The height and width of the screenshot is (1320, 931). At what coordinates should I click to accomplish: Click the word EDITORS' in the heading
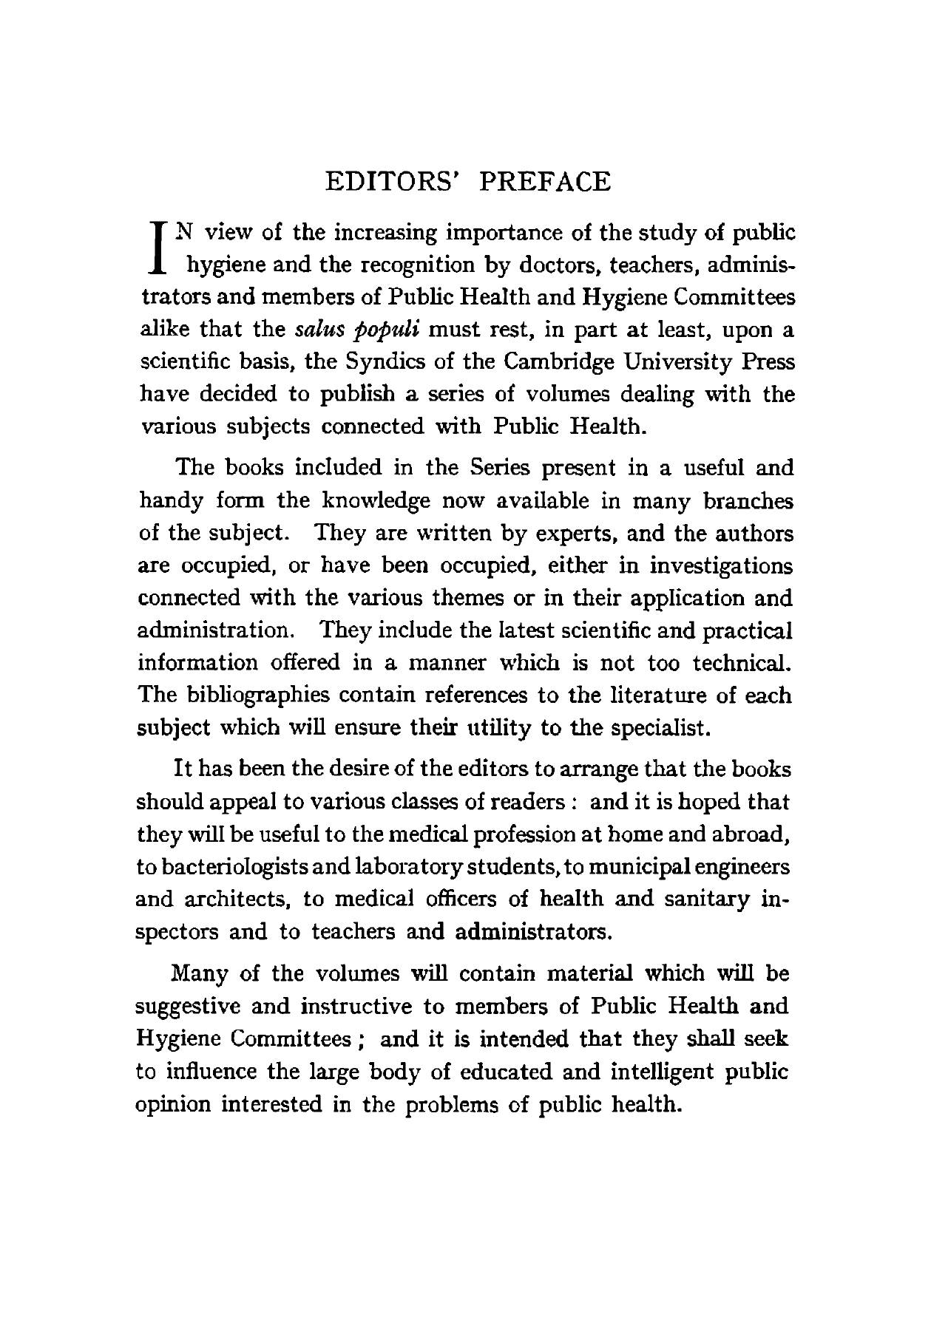coord(394,181)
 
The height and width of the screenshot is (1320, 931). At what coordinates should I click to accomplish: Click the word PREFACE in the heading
coord(545,181)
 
